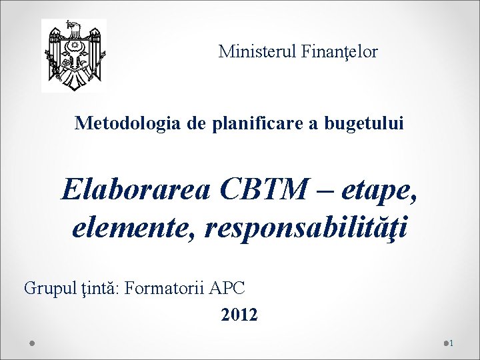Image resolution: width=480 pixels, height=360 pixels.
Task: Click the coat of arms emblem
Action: tap(73, 55)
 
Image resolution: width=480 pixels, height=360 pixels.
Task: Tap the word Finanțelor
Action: tap(342, 51)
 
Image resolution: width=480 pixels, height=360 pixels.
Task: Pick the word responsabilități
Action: tap(308, 229)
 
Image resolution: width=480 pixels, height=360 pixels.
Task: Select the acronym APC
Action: tap(227, 288)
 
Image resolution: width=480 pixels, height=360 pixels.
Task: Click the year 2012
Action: tap(239, 314)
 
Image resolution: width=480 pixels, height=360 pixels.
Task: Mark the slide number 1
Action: tap(451, 343)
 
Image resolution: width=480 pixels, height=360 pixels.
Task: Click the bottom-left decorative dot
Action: tap(32, 343)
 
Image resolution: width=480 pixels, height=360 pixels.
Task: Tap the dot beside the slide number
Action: tap(445, 343)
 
